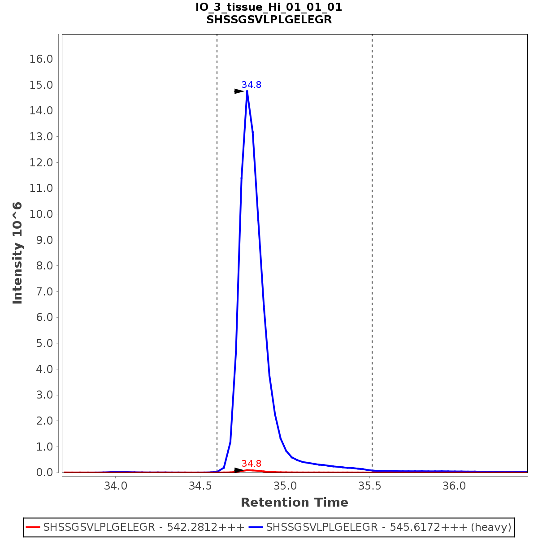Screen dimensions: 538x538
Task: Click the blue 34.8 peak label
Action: [x=251, y=85]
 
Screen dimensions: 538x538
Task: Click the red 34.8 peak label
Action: [x=251, y=464]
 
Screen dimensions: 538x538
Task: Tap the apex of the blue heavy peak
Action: [x=247, y=91]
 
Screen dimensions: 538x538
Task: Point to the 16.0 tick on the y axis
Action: [x=41, y=59]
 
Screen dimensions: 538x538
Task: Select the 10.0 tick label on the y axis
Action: [x=41, y=214]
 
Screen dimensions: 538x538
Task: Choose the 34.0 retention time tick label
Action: [x=116, y=486]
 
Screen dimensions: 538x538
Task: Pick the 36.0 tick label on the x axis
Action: [x=454, y=486]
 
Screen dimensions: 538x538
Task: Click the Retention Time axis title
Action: [x=294, y=503]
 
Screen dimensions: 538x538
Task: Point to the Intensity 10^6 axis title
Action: [x=17, y=253]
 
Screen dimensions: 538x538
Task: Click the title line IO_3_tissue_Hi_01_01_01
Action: [x=269, y=7]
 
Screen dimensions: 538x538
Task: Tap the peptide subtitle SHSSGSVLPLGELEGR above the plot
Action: [x=269, y=20]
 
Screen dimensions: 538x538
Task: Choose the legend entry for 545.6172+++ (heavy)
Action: [x=388, y=527]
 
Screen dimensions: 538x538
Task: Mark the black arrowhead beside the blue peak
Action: [x=239, y=91]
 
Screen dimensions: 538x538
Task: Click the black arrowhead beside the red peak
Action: [x=239, y=470]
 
